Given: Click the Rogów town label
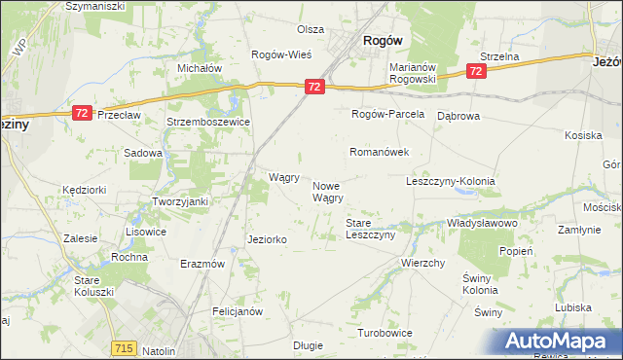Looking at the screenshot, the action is (383, 41).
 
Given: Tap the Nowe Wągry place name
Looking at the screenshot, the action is (327, 192).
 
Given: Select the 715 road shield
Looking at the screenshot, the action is (124, 347).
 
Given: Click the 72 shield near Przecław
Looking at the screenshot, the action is (82, 114).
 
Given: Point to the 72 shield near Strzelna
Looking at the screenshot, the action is (476, 72).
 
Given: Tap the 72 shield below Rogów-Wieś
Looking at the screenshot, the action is (312, 88).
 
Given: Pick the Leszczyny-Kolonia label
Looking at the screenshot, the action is (451, 182).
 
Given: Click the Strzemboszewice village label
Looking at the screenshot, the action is (208, 123).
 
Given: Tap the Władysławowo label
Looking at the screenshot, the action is (481, 223).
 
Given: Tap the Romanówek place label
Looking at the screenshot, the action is (379, 153).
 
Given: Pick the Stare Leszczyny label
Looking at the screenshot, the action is (370, 230).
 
